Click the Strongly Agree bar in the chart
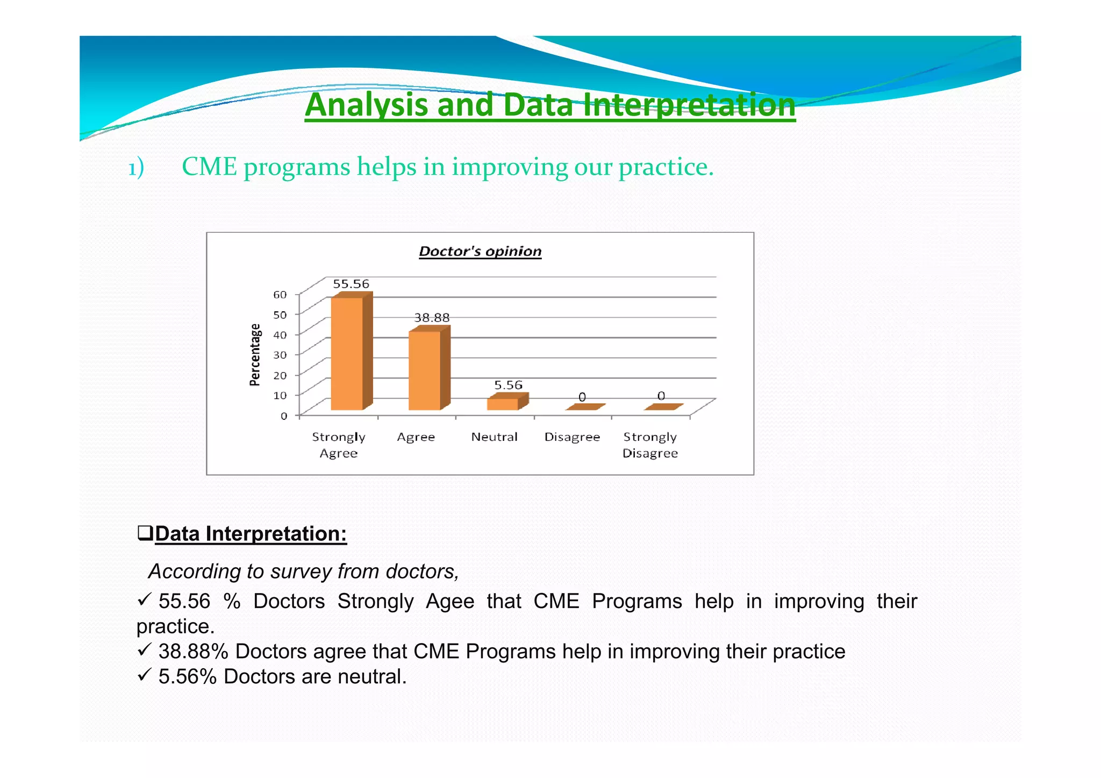tap(347, 353)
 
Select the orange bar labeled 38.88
tap(425, 370)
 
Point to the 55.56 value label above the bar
tap(351, 284)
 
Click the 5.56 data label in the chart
tap(508, 385)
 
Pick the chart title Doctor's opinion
tap(480, 251)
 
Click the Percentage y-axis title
tap(255, 355)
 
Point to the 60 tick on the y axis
tap(280, 295)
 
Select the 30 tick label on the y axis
tap(280, 355)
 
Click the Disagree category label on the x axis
tap(572, 437)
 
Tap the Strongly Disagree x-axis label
tap(650, 445)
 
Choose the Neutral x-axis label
tap(494, 437)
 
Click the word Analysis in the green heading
tap(367, 105)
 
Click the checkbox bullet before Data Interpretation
tap(145, 533)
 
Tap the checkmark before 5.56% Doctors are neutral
tap(144, 675)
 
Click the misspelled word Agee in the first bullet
tap(449, 601)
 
